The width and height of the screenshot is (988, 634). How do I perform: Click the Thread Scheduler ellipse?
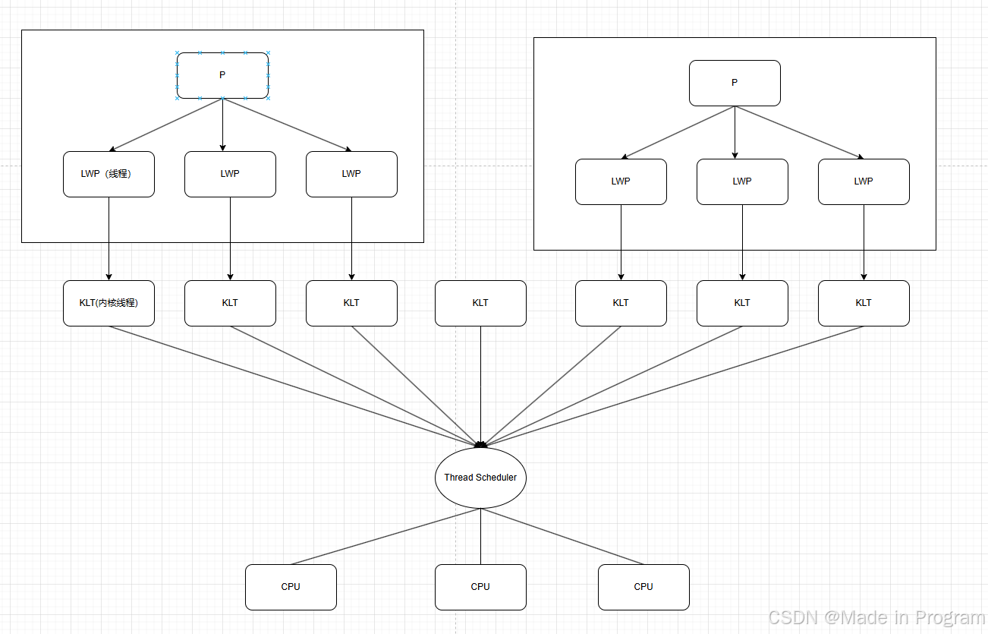tap(480, 478)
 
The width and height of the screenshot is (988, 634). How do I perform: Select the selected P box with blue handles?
tap(222, 75)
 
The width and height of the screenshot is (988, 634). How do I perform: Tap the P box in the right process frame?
tap(735, 83)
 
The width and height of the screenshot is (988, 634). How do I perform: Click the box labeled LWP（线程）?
tap(109, 174)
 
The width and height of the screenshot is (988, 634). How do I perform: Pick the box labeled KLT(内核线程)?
tap(109, 303)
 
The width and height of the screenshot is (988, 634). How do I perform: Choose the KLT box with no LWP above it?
tap(480, 303)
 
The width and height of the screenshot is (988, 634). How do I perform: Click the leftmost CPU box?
tap(291, 587)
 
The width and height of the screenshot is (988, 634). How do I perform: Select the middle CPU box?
tap(480, 587)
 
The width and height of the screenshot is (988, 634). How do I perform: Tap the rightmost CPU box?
tap(643, 587)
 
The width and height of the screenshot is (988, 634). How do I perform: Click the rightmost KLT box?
tap(864, 303)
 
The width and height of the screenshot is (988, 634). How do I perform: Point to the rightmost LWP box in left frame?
tap(351, 174)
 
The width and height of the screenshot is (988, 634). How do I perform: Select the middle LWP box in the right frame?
tap(742, 181)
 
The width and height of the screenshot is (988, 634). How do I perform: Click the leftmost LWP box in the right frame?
tap(621, 181)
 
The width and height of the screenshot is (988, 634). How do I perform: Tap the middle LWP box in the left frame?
tap(230, 174)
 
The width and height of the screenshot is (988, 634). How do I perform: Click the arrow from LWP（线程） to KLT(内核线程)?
tap(109, 239)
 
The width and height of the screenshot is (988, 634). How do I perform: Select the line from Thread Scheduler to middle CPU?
tap(480, 536)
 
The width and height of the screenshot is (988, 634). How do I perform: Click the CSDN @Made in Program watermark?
tap(876, 617)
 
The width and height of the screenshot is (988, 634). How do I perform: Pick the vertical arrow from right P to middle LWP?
tap(735, 133)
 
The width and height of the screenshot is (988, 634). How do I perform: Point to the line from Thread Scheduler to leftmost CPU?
tap(385, 536)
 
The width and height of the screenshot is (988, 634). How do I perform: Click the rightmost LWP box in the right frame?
tap(864, 181)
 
